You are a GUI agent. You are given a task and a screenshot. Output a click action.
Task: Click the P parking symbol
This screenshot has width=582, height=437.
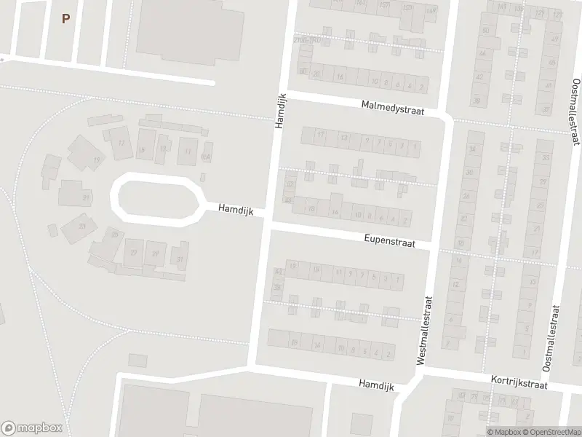pyautogui.click(x=65, y=19)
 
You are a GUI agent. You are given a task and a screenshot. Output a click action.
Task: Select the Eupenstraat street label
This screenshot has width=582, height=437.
pyautogui.click(x=390, y=240)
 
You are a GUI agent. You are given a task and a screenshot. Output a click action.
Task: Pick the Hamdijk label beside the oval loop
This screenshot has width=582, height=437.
pyautogui.click(x=235, y=209)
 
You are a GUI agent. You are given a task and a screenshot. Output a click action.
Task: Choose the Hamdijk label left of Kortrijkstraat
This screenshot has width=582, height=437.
pyautogui.click(x=376, y=384)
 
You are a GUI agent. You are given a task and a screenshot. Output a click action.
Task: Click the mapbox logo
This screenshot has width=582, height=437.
pyautogui.click(x=32, y=428)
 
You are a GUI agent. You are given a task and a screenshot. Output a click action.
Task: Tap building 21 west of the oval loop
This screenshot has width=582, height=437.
pyautogui.click(x=87, y=197)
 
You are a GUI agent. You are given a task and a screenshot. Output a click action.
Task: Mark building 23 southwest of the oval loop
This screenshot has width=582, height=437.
pyautogui.click(x=82, y=227)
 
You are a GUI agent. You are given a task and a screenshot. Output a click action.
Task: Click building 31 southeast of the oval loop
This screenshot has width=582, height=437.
pyautogui.click(x=180, y=259)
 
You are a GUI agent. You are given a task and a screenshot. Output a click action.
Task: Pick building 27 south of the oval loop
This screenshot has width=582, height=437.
pyautogui.click(x=133, y=253)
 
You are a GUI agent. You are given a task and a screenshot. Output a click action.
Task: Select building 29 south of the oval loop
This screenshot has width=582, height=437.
pyautogui.click(x=155, y=253)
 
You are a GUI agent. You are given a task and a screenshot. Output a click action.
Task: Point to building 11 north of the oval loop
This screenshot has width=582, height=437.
pyautogui.click(x=188, y=151)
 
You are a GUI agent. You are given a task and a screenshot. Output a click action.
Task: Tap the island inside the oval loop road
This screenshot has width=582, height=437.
pyautogui.click(x=158, y=197)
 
